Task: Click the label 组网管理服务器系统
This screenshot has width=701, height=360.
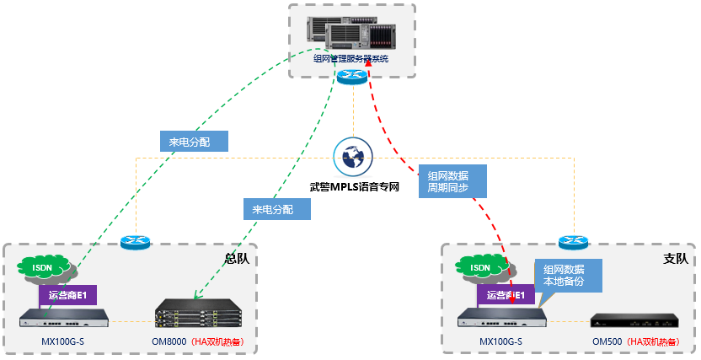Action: tap(351, 58)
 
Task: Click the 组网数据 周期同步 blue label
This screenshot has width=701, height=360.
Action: tap(453, 181)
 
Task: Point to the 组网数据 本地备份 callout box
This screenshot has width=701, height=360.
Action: tap(569, 275)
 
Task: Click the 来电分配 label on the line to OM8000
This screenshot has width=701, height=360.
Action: tap(276, 208)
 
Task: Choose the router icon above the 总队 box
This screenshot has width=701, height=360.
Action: tap(135, 242)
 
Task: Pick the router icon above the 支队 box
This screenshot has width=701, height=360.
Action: tap(572, 242)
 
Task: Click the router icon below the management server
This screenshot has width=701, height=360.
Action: tap(351, 77)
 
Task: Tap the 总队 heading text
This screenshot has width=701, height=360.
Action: tap(237, 259)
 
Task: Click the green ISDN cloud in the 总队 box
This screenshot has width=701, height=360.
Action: tap(44, 267)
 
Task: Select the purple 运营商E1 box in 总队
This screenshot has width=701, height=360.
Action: tap(68, 295)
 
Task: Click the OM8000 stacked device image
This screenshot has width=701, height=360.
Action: tap(198, 315)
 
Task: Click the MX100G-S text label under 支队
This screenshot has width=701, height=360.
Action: tap(500, 342)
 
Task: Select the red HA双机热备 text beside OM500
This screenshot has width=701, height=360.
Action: tap(658, 342)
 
